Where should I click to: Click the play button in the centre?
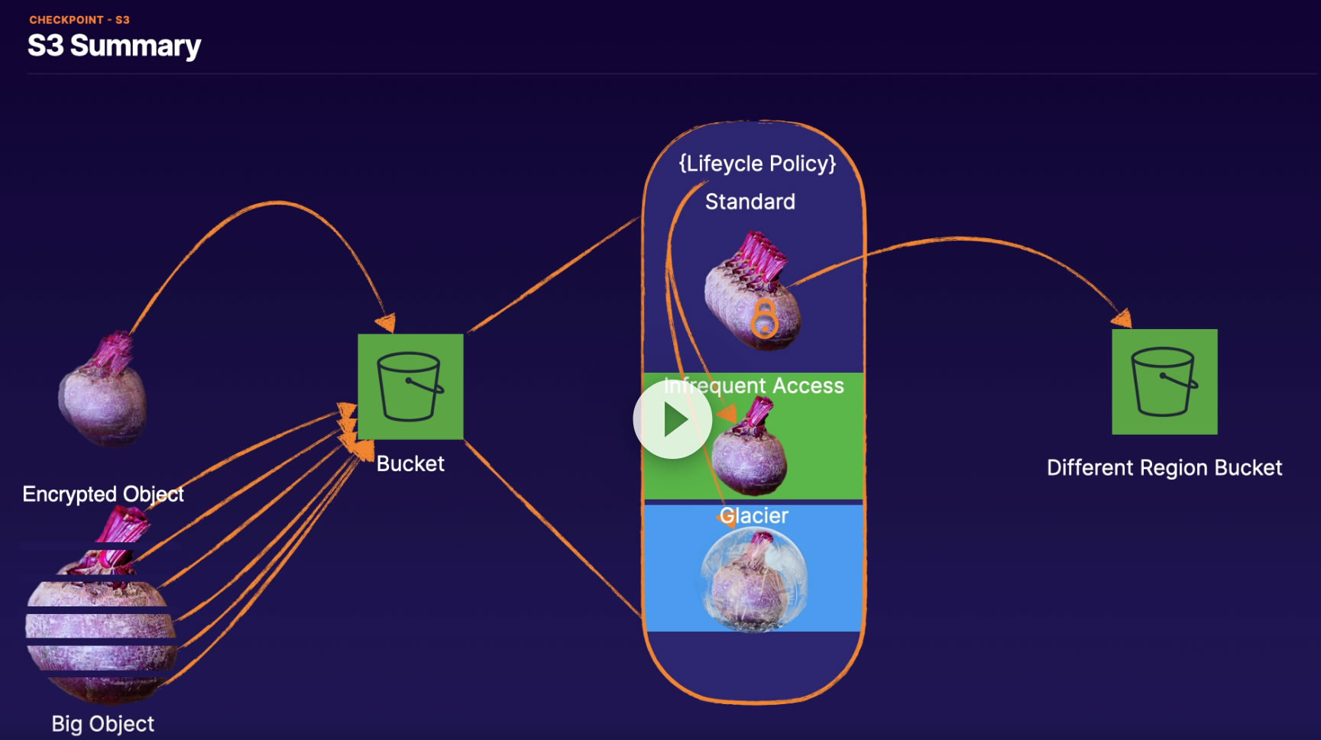click(672, 419)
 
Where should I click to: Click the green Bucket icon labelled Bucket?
click(410, 386)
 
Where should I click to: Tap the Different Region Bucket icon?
click(1164, 382)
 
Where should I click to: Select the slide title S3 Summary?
click(115, 46)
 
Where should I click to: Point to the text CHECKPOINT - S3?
click(79, 20)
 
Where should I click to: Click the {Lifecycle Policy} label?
click(757, 163)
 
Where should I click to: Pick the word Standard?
click(750, 202)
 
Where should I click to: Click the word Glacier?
click(754, 515)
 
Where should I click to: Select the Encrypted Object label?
click(103, 494)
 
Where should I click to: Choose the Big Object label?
click(103, 723)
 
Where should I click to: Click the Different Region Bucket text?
click(1164, 467)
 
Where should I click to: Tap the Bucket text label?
click(410, 464)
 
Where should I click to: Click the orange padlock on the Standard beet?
click(764, 319)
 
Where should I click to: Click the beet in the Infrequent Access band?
click(749, 454)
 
